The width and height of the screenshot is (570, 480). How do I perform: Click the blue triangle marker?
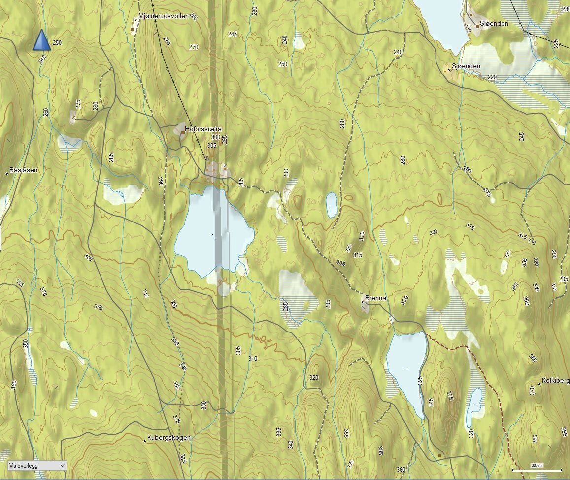[x=42, y=40]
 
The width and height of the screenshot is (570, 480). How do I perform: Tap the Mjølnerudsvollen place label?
[x=163, y=16]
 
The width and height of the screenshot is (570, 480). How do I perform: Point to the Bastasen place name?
[x=24, y=170]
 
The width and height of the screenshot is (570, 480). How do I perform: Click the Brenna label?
[x=376, y=299]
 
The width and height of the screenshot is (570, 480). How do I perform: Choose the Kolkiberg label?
[x=556, y=381]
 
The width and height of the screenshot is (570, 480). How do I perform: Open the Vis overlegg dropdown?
[x=37, y=465]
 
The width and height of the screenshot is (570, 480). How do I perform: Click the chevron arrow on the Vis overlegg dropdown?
[x=62, y=465]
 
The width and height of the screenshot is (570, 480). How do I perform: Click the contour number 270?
[x=193, y=47]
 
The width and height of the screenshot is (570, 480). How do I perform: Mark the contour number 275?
[x=78, y=104]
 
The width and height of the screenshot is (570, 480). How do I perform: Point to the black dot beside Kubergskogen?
[x=145, y=441]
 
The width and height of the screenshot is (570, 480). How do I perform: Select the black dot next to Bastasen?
[x=7, y=173]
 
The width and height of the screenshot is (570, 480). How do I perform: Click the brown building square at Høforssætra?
[x=182, y=132]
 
